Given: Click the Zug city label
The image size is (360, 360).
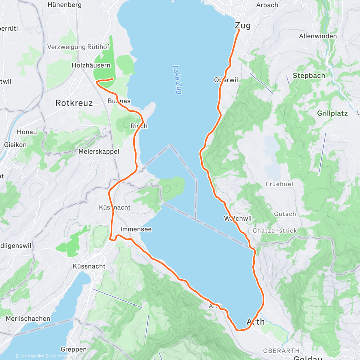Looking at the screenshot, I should tap(243, 25).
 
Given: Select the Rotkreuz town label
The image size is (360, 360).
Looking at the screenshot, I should tap(74, 103).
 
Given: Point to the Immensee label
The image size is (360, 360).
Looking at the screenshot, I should tap(136, 229).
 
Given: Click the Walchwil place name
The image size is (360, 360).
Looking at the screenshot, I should tap(238, 218).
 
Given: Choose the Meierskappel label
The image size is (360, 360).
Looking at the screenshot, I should tap(99, 151).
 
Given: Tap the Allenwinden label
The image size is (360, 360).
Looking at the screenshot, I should tap(318, 36).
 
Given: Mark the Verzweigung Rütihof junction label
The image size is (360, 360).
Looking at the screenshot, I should tap(78, 47).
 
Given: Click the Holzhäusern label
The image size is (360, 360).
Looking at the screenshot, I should tap(91, 65).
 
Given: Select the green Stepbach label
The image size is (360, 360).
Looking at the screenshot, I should tap(309, 76).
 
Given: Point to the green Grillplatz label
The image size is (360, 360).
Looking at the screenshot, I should tap(332, 113).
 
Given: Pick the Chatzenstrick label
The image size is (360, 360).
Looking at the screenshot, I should tap(275, 230).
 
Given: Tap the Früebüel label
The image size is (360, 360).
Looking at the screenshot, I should tap(279, 184).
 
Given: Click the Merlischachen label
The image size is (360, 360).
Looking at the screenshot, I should tap(28, 319).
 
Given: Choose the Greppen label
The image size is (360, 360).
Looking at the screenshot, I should tap(73, 349).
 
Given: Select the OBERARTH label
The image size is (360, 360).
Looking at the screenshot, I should tap(281, 351).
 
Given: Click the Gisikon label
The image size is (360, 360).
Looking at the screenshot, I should tap(15, 145).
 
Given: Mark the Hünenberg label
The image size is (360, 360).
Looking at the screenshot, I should tap(64, 5).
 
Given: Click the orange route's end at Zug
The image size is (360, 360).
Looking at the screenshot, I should tap(239, 29).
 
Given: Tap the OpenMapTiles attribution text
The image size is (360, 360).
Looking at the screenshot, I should tap(31, 356).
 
